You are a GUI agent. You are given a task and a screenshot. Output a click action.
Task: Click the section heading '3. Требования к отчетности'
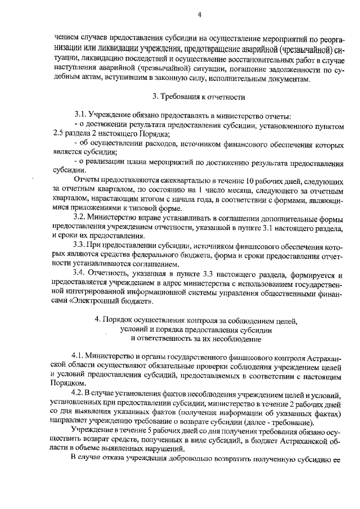(x=200, y=97)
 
